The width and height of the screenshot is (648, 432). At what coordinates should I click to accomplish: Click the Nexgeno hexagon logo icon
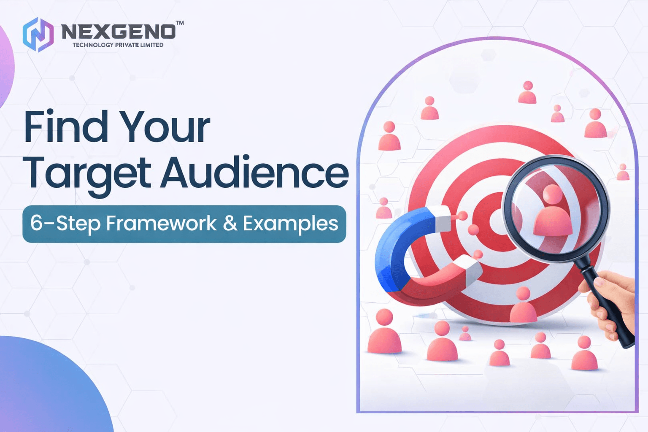tap(38, 35)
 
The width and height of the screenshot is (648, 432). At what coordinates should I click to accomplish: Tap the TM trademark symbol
tap(180, 23)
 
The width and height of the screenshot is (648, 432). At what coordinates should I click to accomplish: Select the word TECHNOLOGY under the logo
tap(93, 45)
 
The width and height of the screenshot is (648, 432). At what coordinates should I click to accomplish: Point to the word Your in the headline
tap(165, 127)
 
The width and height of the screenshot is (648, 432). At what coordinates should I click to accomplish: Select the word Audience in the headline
tap(254, 173)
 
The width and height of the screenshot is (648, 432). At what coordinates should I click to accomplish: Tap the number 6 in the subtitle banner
tap(36, 223)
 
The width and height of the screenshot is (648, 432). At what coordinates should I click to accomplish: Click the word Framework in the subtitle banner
tap(161, 223)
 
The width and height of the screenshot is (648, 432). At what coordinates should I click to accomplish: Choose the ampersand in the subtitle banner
tap(230, 223)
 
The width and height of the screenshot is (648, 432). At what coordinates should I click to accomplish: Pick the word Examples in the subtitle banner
tap(291, 224)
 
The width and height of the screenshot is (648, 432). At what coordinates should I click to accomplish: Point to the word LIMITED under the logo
tap(152, 45)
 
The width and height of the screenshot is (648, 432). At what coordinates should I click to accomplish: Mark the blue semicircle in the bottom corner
tap(46, 388)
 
